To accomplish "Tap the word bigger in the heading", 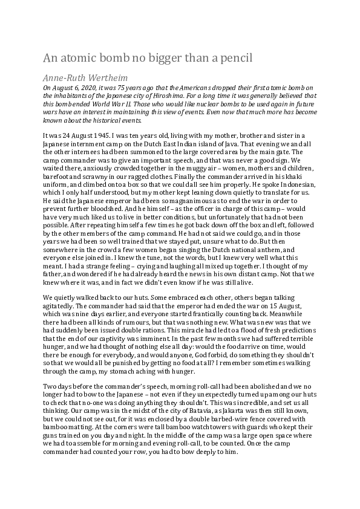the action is (148, 58).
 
